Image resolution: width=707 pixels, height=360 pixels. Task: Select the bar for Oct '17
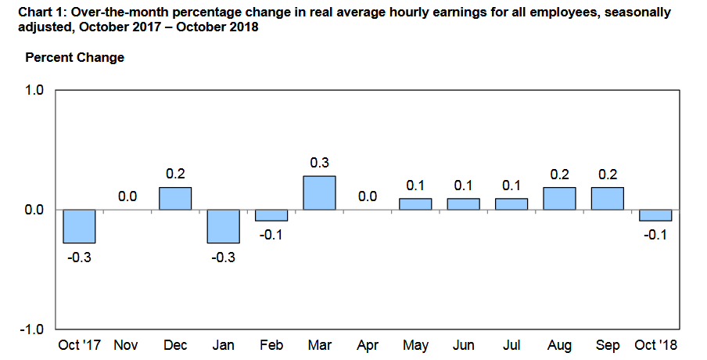79,226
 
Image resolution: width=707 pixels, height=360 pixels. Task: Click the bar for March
319,193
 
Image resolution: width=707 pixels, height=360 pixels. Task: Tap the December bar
175,199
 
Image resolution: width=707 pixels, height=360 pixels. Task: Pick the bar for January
223,226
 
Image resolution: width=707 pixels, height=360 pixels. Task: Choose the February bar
271,215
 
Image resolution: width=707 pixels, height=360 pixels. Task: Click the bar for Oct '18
655,215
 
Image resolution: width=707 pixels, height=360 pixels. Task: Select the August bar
559,199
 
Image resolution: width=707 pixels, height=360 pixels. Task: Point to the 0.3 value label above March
320,163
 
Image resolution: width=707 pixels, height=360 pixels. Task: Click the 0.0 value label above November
127,196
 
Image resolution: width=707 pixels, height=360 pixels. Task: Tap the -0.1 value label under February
270,235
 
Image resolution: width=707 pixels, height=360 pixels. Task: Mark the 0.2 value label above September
608,175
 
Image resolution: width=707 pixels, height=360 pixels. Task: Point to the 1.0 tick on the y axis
34,90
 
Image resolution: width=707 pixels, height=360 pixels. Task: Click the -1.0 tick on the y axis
31,329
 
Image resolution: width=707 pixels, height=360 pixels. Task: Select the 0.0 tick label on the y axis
34,210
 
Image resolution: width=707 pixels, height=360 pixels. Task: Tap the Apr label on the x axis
368,346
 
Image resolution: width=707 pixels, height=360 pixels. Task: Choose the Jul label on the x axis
511,345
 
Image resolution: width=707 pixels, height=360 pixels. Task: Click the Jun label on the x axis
464,345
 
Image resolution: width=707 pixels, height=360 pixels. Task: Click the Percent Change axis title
75,58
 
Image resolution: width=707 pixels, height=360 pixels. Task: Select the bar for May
415,204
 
